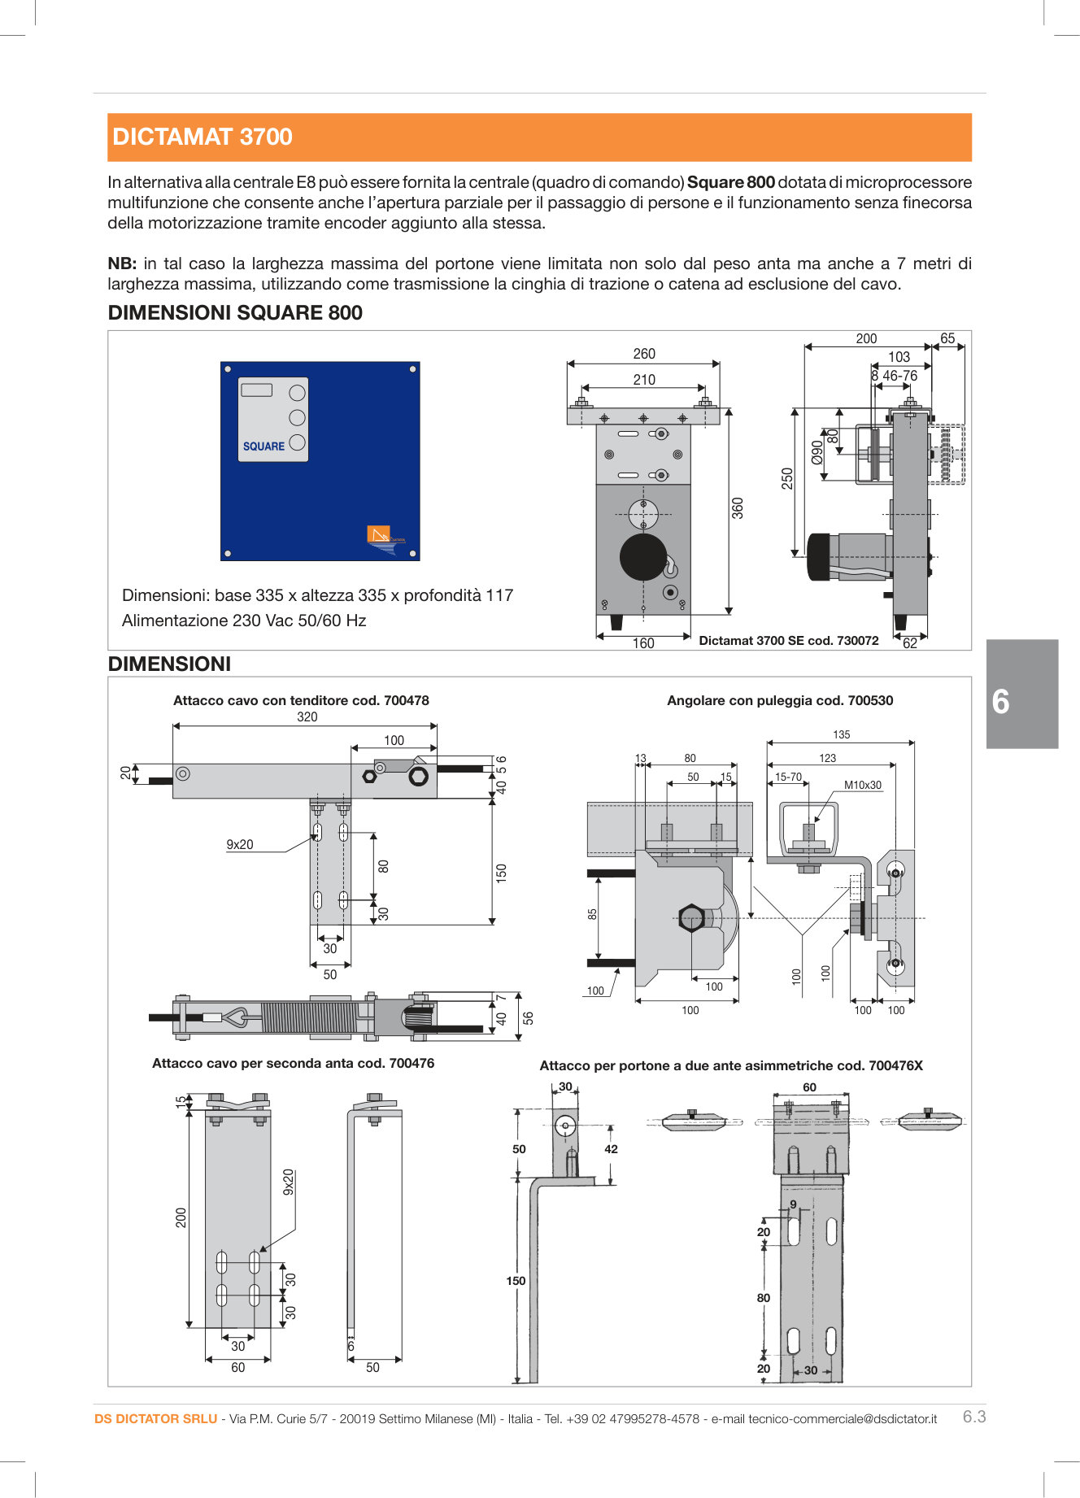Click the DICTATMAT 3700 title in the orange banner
click(x=202, y=137)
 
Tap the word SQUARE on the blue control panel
click(x=263, y=446)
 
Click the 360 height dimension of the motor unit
click(x=738, y=508)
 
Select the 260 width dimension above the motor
click(x=643, y=354)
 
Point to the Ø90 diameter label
click(x=817, y=452)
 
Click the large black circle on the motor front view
click(x=643, y=557)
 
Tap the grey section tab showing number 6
click(x=1021, y=694)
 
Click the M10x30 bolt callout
click(x=862, y=786)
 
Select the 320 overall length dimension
click(x=307, y=717)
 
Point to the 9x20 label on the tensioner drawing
click(x=239, y=845)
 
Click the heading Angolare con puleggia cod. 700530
click(x=779, y=701)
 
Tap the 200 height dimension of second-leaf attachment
click(x=181, y=1217)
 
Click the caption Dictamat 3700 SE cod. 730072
click(x=788, y=641)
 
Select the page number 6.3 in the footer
click(x=973, y=1417)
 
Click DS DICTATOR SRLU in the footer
click(x=155, y=1419)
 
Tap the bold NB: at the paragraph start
click(x=122, y=264)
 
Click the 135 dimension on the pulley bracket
click(x=841, y=735)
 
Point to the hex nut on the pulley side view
click(x=690, y=918)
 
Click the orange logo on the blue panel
click(x=379, y=534)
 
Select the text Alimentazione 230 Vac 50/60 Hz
click(x=244, y=621)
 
